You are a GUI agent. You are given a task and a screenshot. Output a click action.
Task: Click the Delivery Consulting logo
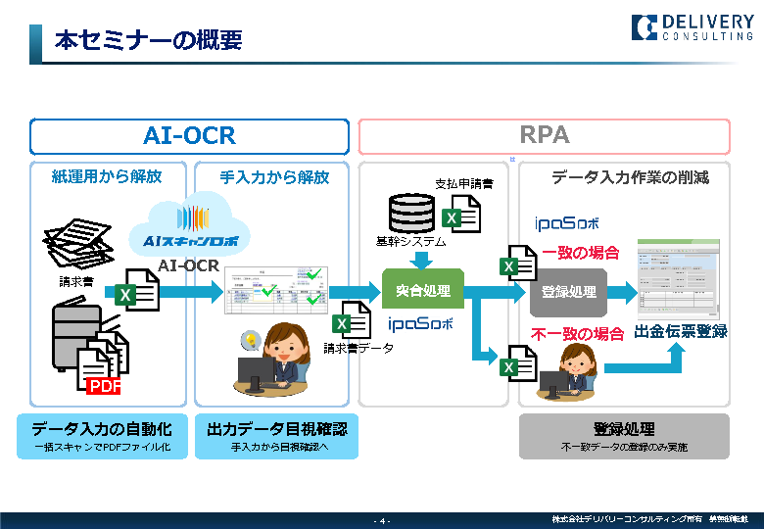pos(692,26)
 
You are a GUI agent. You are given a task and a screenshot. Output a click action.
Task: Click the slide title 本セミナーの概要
pos(148,42)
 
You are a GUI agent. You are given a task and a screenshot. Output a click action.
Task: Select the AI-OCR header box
pos(189,136)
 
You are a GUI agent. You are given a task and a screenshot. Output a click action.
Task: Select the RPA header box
pos(544,136)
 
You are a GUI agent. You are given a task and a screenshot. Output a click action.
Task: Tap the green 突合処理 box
pos(422,290)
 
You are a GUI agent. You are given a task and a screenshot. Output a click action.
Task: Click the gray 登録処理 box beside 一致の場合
pos(569,292)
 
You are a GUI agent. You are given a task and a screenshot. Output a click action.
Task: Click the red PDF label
pos(104,386)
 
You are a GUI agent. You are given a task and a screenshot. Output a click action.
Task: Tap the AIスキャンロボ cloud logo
pos(188,229)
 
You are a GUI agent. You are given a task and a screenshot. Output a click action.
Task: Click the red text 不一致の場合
pos(578,334)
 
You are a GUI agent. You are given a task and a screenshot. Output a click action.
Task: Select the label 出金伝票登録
pos(681,331)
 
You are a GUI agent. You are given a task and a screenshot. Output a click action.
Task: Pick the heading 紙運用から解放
pos(107,177)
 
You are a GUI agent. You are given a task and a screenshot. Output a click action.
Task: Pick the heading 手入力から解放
pos(274,177)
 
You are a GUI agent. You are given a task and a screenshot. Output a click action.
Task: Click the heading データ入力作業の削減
pos(630,177)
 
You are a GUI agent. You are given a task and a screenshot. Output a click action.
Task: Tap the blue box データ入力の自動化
pos(102,436)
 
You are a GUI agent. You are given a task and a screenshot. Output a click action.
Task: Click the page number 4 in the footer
pos(382,520)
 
